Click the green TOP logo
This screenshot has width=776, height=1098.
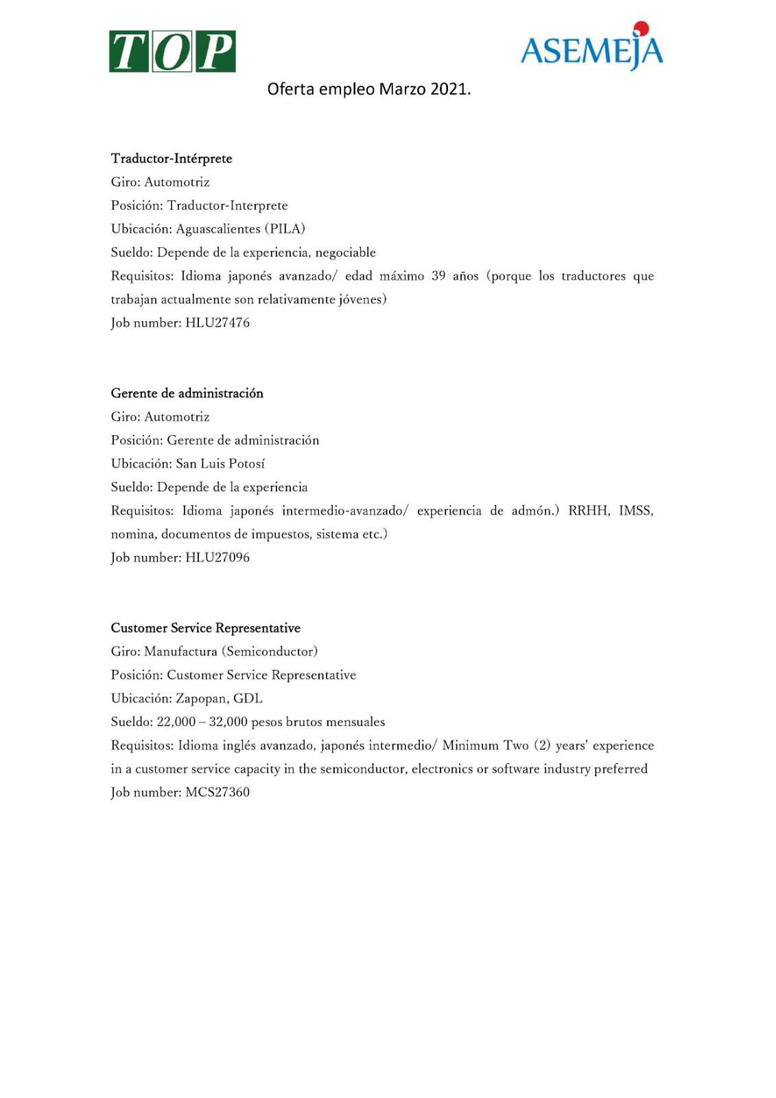coord(172,51)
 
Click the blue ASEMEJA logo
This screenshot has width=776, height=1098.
coord(591,48)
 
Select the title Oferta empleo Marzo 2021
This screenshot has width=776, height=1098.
coord(368,89)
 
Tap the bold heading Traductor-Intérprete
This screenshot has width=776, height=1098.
coord(172,159)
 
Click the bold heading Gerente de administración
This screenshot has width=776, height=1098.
coord(187,393)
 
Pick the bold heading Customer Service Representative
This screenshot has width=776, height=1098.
coord(205,628)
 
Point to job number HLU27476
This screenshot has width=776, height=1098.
coord(217,323)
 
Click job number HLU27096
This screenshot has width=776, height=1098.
coord(217,557)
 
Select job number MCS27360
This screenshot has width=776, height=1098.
coord(217,792)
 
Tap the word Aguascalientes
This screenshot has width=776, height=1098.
coord(218,229)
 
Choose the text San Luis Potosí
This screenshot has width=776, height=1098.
coord(220,463)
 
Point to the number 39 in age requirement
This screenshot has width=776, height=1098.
coord(438,276)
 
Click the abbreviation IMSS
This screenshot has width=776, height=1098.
coord(635,511)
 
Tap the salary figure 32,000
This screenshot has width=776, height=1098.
coord(228,722)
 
